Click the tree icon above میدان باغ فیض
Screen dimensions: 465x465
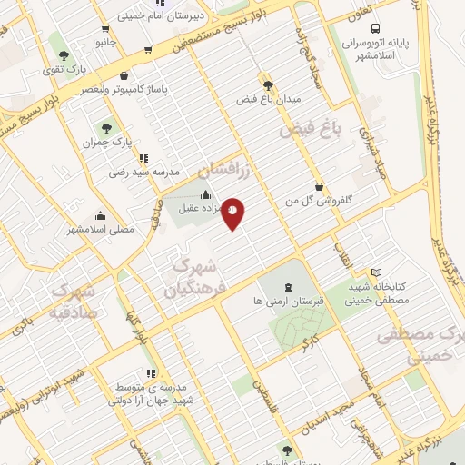pyautogui.click(x=267, y=84)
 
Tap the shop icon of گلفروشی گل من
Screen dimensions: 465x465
pyautogui.click(x=318, y=185)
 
